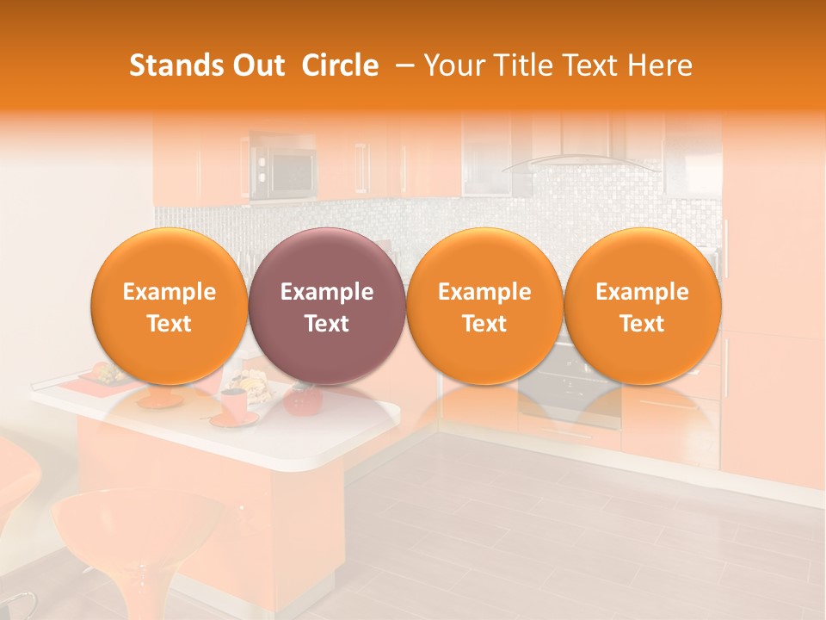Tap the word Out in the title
pos(256,65)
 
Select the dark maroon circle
pos(327,306)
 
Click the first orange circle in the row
pos(169,306)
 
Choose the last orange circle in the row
pos(643,306)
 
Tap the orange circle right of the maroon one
pos(484,306)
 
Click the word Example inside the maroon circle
pos(327,292)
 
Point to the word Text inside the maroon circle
pos(327,324)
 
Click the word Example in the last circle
pos(643,292)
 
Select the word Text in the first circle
pos(169,324)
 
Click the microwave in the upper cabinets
pos(280,169)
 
